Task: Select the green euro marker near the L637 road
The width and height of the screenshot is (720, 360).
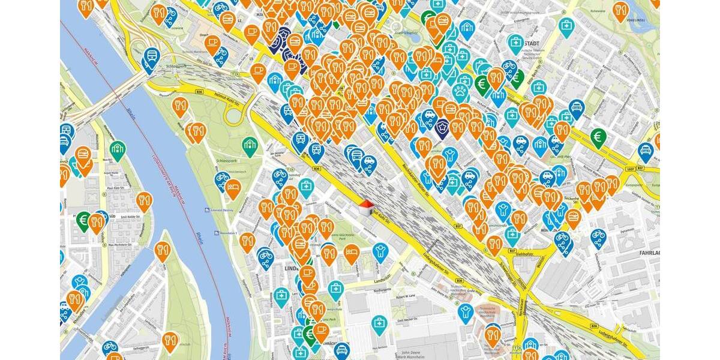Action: click(x=597, y=137)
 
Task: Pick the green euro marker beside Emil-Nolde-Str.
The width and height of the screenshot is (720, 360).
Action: click(x=83, y=220)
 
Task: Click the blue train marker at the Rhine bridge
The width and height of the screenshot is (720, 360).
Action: click(x=151, y=57)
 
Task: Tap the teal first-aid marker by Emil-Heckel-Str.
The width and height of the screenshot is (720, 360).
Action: click(x=379, y=324)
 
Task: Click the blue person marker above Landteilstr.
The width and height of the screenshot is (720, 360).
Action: click(x=379, y=251)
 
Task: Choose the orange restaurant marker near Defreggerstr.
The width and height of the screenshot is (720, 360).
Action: click(x=170, y=341)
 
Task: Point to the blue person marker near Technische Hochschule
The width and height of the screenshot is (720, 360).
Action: click(x=466, y=311)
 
